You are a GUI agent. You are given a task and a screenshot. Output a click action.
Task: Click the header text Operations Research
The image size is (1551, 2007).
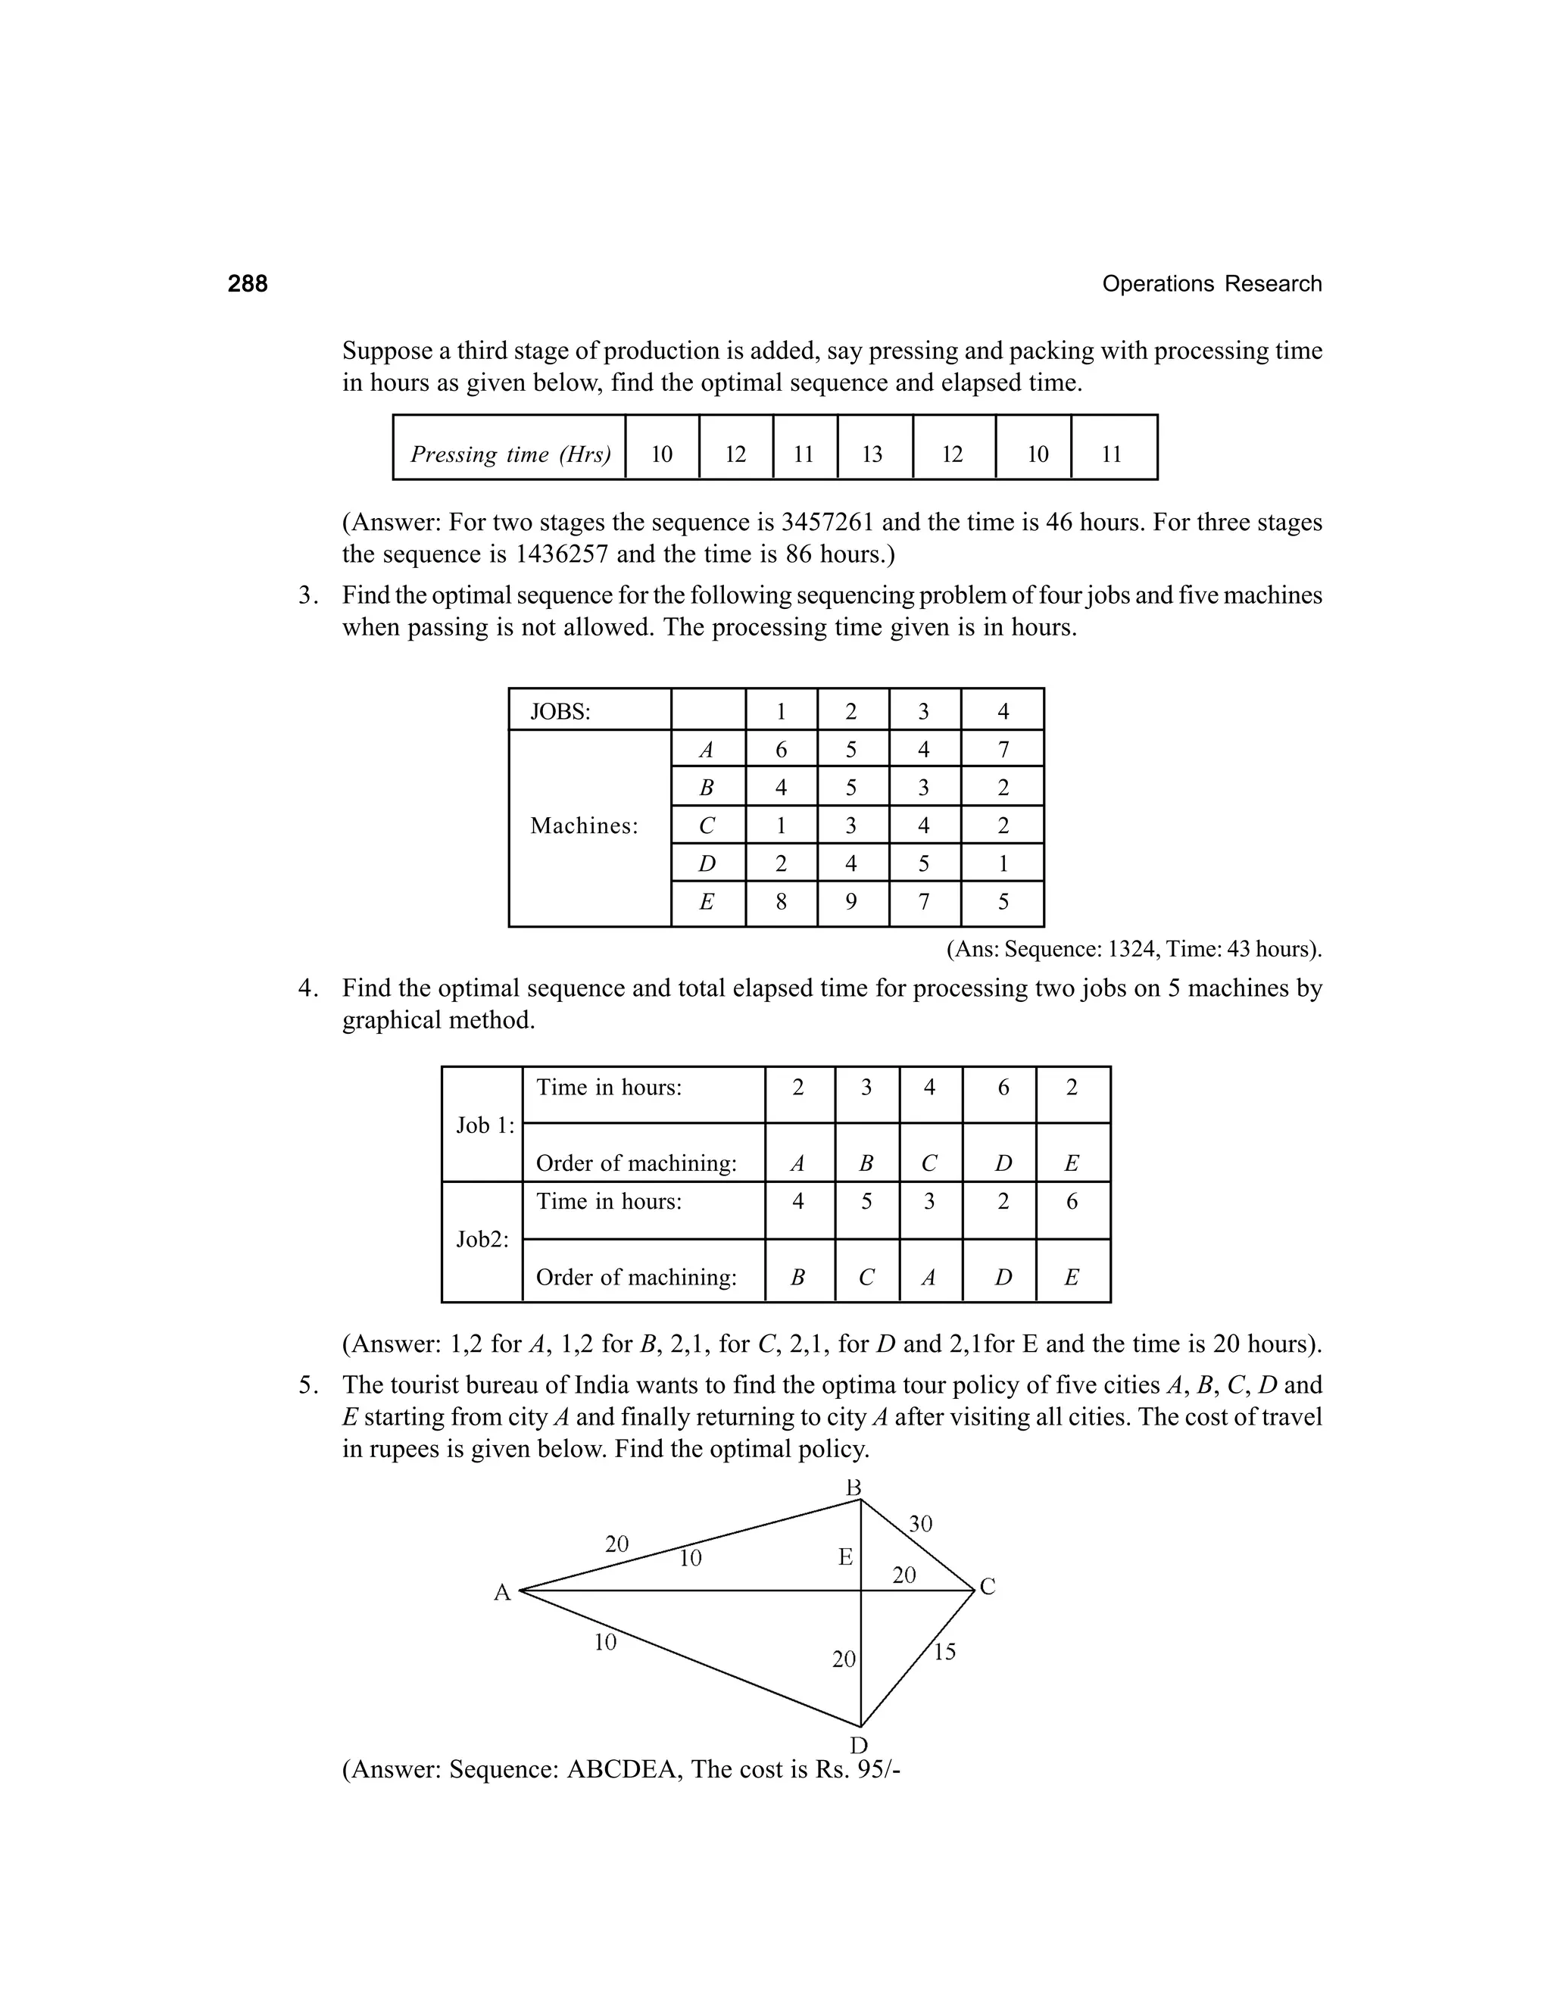(1211, 284)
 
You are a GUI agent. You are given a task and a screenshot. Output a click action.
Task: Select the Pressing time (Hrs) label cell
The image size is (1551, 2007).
(510, 454)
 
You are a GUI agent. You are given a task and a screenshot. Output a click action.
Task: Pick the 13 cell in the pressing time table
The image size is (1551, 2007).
(872, 454)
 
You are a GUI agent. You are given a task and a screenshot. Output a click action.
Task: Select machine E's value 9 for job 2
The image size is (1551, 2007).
(850, 901)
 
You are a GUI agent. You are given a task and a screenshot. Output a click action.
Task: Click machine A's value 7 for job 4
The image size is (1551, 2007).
(1003, 750)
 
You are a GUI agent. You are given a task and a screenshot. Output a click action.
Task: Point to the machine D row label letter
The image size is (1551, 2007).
(706, 863)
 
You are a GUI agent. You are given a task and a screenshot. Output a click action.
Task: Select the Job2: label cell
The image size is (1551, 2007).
(482, 1239)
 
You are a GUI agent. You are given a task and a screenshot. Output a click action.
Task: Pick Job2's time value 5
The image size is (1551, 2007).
(866, 1201)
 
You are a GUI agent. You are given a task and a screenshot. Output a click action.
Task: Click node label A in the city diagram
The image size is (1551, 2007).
(501, 1593)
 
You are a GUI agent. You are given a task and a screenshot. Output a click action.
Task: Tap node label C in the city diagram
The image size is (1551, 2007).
(988, 1586)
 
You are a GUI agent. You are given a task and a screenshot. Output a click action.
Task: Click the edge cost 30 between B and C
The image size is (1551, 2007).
(919, 1524)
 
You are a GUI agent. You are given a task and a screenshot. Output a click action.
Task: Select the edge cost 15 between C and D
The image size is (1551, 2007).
(944, 1651)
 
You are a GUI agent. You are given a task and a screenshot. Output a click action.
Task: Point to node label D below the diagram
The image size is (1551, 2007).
(858, 1745)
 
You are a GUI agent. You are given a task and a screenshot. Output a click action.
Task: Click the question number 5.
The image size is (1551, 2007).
(307, 1385)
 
